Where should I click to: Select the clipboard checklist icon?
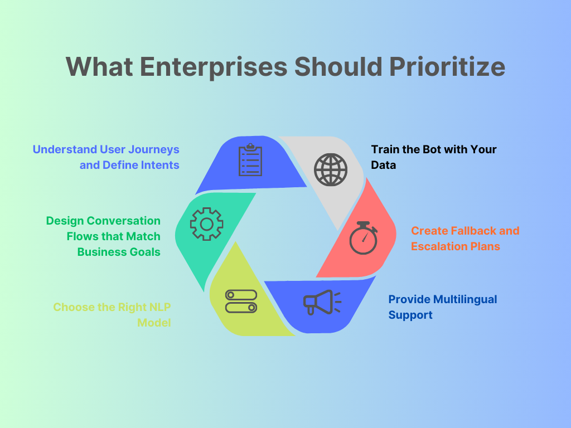[x=250, y=160]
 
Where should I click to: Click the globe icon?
[x=330, y=169]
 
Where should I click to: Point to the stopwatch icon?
[x=363, y=238]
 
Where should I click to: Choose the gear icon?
[x=206, y=224]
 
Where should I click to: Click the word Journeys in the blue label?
[x=153, y=149]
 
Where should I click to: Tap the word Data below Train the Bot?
[x=384, y=165]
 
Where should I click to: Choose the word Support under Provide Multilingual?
[x=410, y=315]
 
